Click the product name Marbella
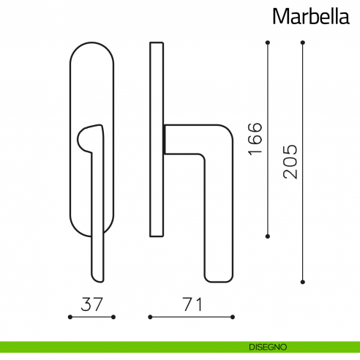pos(311,15)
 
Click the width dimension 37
pos(91,303)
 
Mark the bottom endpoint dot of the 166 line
pos(268,236)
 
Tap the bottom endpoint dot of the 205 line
pos(303,281)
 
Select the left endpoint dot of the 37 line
pos(70,318)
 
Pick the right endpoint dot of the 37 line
pos(113,318)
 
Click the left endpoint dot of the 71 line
pos(150,318)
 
